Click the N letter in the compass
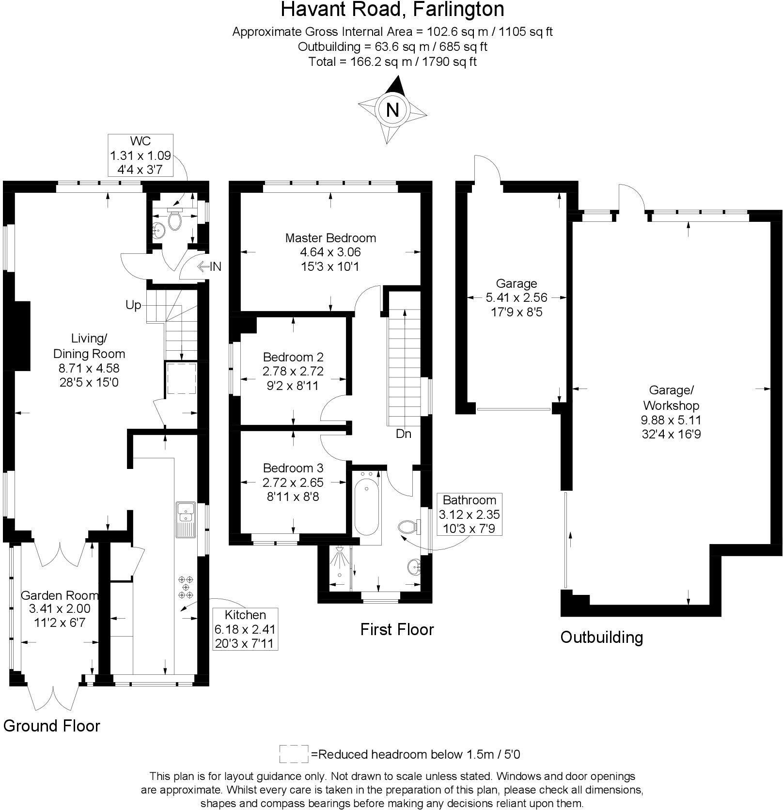(392, 110)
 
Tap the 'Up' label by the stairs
(133, 305)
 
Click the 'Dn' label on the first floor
(403, 434)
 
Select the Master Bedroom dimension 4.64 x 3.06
(330, 252)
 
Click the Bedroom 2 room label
(293, 357)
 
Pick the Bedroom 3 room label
(293, 468)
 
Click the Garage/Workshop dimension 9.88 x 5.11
(671, 420)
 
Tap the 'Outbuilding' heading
(601, 637)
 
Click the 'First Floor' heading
(397, 629)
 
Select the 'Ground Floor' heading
(52, 726)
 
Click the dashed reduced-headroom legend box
(294, 754)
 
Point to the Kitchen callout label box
(245, 629)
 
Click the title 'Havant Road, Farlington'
(392, 9)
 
